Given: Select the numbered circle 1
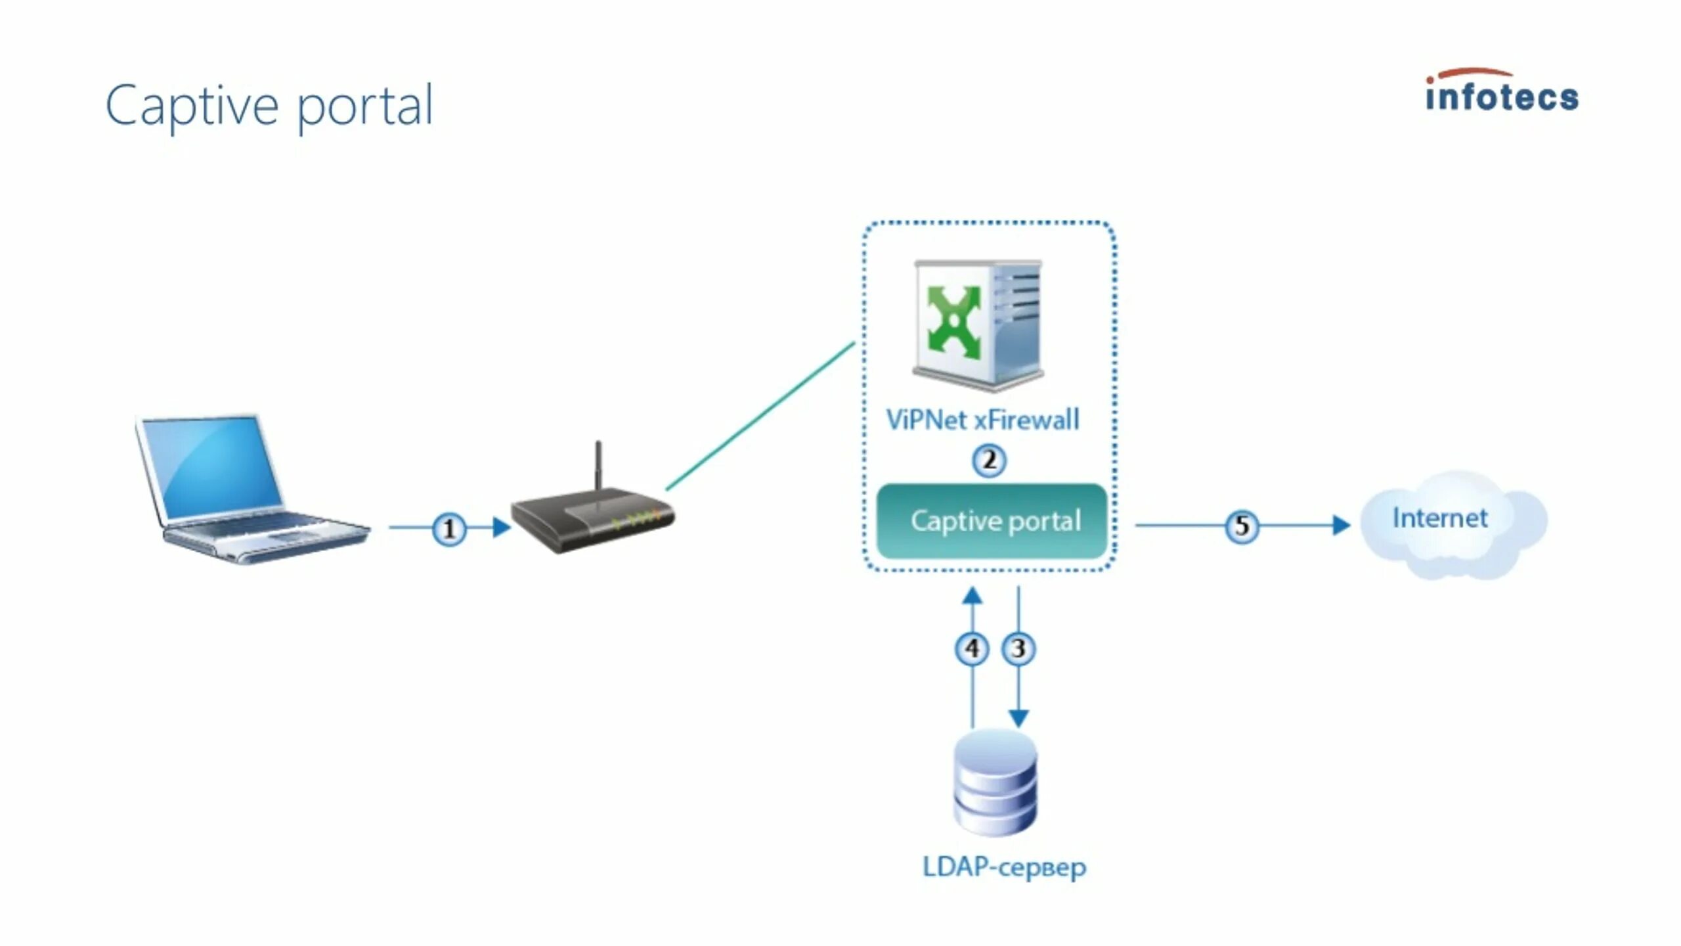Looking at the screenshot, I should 449,528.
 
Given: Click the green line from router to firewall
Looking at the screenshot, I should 760,416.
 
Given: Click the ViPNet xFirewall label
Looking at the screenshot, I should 982,420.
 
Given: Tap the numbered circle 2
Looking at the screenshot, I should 989,460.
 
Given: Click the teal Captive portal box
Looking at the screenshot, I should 992,521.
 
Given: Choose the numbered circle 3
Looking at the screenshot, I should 1018,648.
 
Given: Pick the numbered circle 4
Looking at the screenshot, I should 972,648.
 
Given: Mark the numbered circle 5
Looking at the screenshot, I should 1242,526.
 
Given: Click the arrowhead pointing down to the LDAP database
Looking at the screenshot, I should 1018,718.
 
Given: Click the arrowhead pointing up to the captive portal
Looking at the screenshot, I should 972,596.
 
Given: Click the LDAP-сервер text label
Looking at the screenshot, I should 1005,867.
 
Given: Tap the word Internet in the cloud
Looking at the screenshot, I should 1440,518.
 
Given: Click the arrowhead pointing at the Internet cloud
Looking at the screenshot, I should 1342,526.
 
